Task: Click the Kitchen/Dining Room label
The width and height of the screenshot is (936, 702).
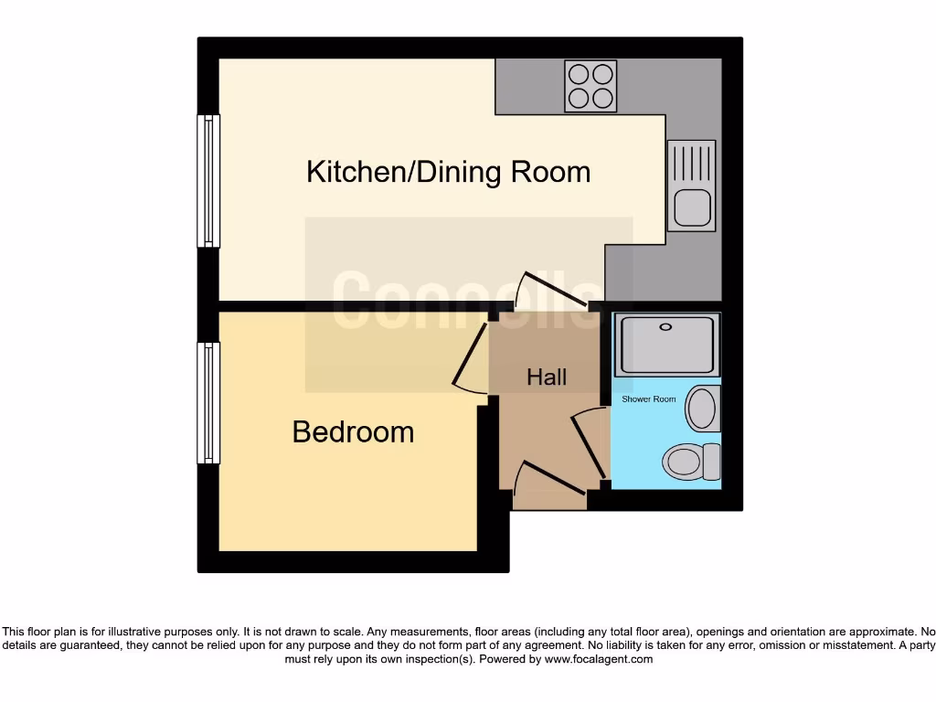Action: [x=448, y=172]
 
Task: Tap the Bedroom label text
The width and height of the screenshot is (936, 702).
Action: [x=353, y=431]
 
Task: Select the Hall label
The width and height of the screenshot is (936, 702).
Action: [x=547, y=377]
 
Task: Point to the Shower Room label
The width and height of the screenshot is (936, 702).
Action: [x=648, y=399]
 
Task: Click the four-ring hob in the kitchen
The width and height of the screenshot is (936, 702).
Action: [x=590, y=86]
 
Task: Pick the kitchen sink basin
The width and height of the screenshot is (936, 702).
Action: [x=691, y=207]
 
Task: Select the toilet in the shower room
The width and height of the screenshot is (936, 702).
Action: [x=691, y=462]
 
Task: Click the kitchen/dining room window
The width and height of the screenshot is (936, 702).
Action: [x=209, y=181]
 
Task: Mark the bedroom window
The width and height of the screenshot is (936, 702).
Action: [x=209, y=402]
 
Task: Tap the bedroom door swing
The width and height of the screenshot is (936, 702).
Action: [x=473, y=361]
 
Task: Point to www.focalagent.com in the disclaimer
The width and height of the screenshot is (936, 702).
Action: [x=598, y=659]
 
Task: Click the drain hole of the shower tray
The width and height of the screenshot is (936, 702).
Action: [x=665, y=325]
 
